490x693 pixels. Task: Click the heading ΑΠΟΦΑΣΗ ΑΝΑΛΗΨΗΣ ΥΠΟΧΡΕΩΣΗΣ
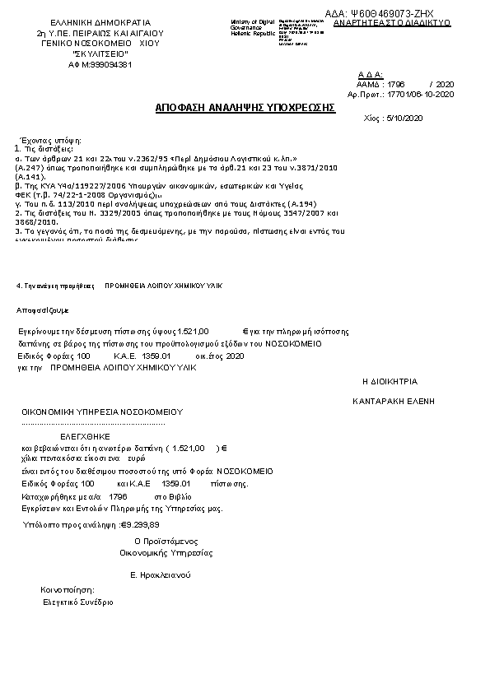(246, 107)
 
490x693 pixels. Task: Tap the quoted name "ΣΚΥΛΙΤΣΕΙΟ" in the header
(100, 53)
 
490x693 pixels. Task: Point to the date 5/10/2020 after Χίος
(404, 119)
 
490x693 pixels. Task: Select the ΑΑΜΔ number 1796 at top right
(396, 85)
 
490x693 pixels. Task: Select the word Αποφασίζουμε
(43, 310)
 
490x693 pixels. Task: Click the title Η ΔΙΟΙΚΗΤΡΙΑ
(390, 382)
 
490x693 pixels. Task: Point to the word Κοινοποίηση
(68, 590)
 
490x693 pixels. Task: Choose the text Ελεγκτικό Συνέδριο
(78, 602)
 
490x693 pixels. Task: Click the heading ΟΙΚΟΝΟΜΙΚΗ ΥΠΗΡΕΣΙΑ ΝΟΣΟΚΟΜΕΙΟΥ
(102, 411)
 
